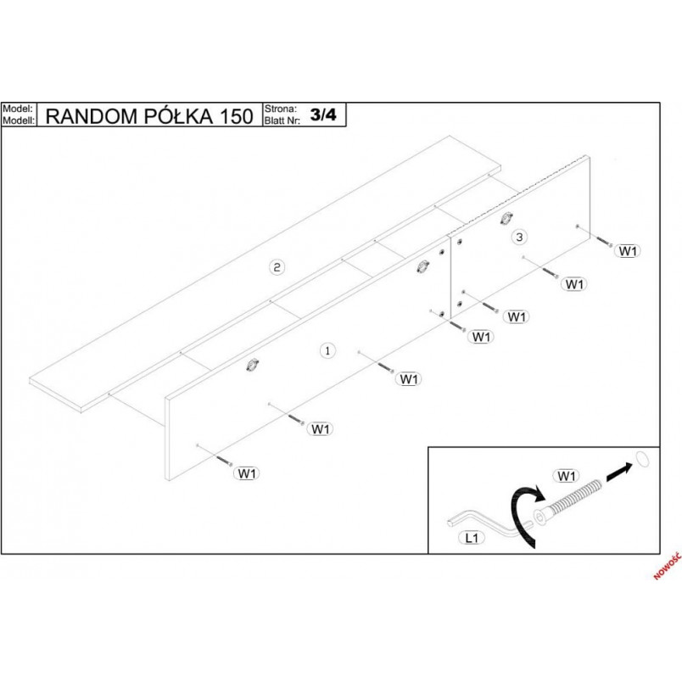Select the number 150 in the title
click(x=237, y=116)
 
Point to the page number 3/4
click(x=323, y=115)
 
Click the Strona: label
click(x=281, y=109)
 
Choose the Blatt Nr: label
click(x=282, y=120)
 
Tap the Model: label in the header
click(x=18, y=109)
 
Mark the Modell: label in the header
click(x=19, y=120)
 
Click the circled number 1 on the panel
click(x=327, y=350)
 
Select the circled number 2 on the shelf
click(x=277, y=266)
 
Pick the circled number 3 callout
click(x=519, y=237)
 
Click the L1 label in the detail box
click(x=472, y=538)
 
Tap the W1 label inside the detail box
click(x=566, y=476)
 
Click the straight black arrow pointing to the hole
click(x=618, y=472)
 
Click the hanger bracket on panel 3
click(x=506, y=218)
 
